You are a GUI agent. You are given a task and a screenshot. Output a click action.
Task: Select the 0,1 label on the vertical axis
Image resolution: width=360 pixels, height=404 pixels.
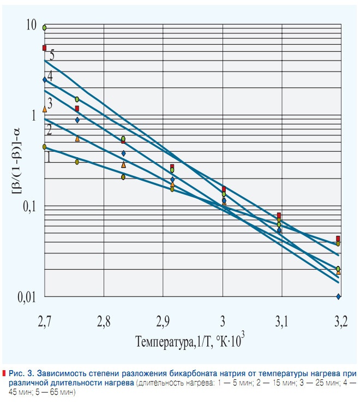point(28,207)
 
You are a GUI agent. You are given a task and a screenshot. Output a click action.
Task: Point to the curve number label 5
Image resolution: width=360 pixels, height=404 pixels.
point(51,55)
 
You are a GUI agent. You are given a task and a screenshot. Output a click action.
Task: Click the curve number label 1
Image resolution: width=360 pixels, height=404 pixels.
point(49,157)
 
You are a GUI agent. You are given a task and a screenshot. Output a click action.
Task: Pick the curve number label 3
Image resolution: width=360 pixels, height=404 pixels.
point(50,102)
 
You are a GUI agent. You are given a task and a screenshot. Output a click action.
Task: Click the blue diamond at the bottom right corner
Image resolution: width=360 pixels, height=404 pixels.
point(339,296)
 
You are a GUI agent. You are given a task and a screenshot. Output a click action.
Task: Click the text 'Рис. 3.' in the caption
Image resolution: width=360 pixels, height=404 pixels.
point(20,373)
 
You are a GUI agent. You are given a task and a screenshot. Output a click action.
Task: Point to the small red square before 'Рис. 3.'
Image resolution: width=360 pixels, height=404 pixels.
point(4,373)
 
